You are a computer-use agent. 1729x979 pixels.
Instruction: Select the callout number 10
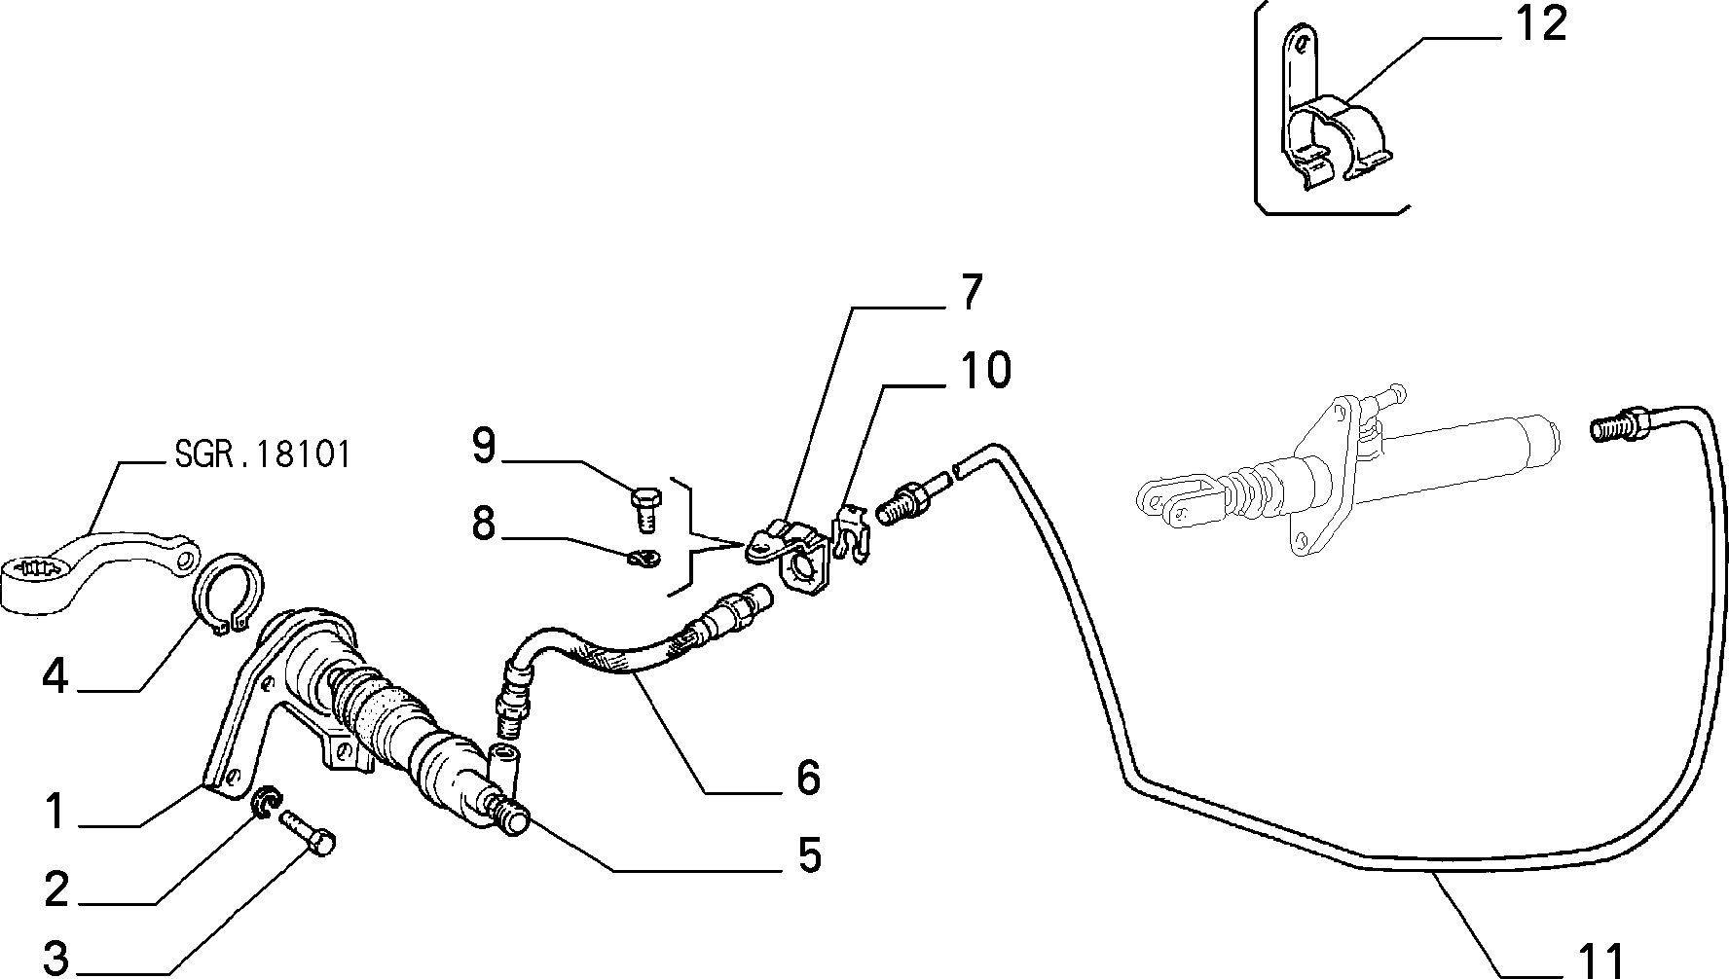click(x=985, y=371)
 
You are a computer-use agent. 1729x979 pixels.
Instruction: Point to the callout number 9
click(x=484, y=447)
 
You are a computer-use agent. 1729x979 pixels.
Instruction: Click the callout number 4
click(x=55, y=675)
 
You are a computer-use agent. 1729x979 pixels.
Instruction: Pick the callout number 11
click(x=1598, y=959)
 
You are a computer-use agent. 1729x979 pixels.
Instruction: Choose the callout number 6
click(x=807, y=778)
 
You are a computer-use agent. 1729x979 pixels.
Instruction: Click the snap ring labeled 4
click(x=232, y=594)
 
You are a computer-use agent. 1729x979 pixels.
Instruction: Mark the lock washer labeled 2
click(x=265, y=802)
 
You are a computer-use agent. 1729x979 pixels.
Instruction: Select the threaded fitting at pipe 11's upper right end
click(x=1620, y=426)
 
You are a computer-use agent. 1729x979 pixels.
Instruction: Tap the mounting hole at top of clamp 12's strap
click(x=1297, y=40)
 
